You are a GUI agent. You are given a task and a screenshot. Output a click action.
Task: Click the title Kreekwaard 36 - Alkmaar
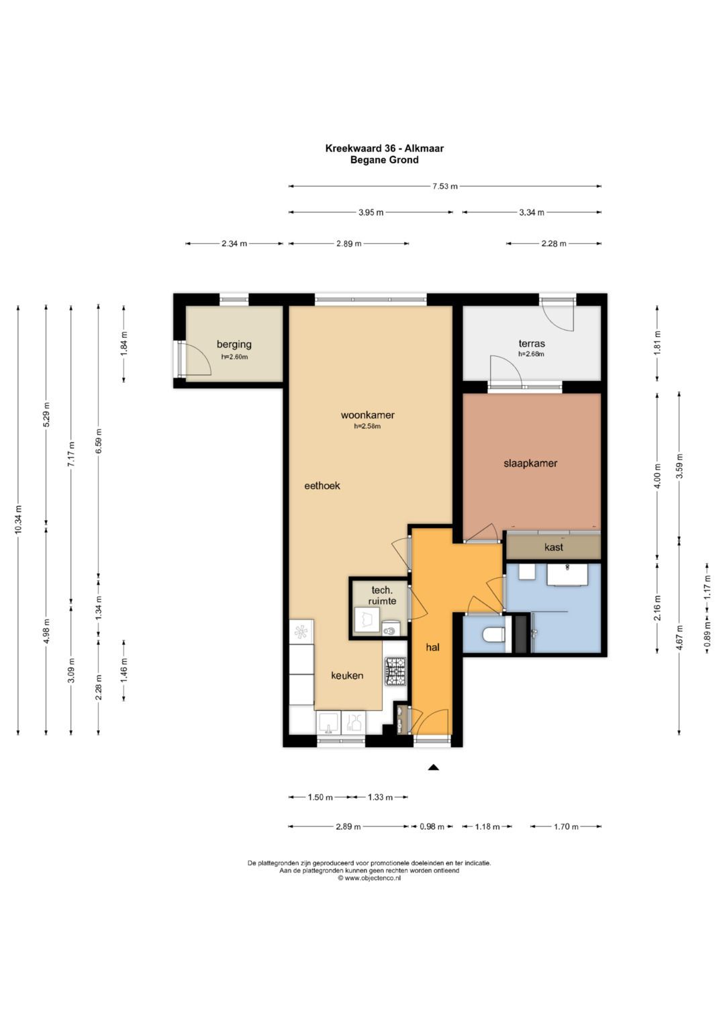(384, 148)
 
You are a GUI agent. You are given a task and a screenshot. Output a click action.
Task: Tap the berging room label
(234, 345)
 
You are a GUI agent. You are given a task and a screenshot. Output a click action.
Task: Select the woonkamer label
(368, 415)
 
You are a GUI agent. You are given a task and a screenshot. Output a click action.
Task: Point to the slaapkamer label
(530, 463)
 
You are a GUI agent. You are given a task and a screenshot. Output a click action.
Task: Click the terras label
(532, 343)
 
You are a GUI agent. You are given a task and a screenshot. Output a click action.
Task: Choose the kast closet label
(554, 547)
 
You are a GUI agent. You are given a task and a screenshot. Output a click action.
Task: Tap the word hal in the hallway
(432, 647)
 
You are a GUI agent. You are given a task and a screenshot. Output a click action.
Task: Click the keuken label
(347, 675)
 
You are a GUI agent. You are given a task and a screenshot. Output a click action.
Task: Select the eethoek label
(322, 486)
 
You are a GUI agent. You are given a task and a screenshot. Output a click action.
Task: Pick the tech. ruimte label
(381, 595)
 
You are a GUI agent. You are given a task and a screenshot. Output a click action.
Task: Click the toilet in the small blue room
(494, 634)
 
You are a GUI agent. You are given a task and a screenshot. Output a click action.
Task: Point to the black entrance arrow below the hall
(433, 767)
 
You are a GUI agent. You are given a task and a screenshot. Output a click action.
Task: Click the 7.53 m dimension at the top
(444, 186)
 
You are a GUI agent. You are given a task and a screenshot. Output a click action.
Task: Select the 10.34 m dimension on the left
(18, 520)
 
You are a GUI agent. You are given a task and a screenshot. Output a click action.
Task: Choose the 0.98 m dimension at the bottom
(432, 826)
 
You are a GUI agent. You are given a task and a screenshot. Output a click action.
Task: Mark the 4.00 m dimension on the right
(657, 476)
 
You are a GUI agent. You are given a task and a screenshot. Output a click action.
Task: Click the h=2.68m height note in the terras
(531, 353)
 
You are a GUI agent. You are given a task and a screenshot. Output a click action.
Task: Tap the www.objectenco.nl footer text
(369, 878)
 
